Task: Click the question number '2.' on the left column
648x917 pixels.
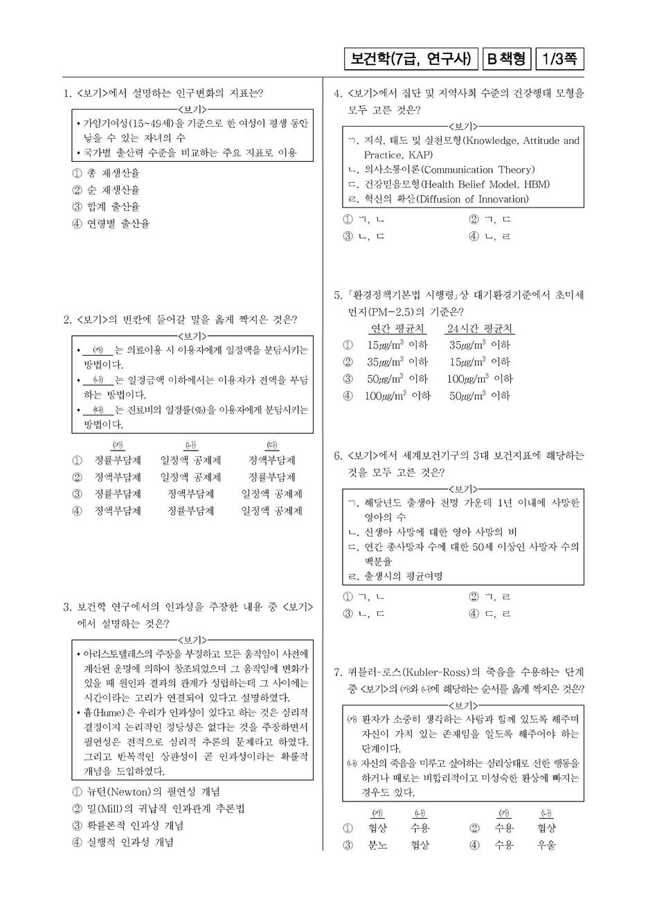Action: click(x=68, y=320)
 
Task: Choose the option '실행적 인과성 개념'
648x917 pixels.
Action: click(x=130, y=842)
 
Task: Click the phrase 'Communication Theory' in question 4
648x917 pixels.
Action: click(x=477, y=170)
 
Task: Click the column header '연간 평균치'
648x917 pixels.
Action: click(x=398, y=328)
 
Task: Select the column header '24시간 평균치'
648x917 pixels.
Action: click(x=480, y=328)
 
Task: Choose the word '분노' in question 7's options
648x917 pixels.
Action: click(x=378, y=845)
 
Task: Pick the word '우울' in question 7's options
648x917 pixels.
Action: click(x=546, y=845)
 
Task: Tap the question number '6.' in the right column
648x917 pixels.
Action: click(x=339, y=456)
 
